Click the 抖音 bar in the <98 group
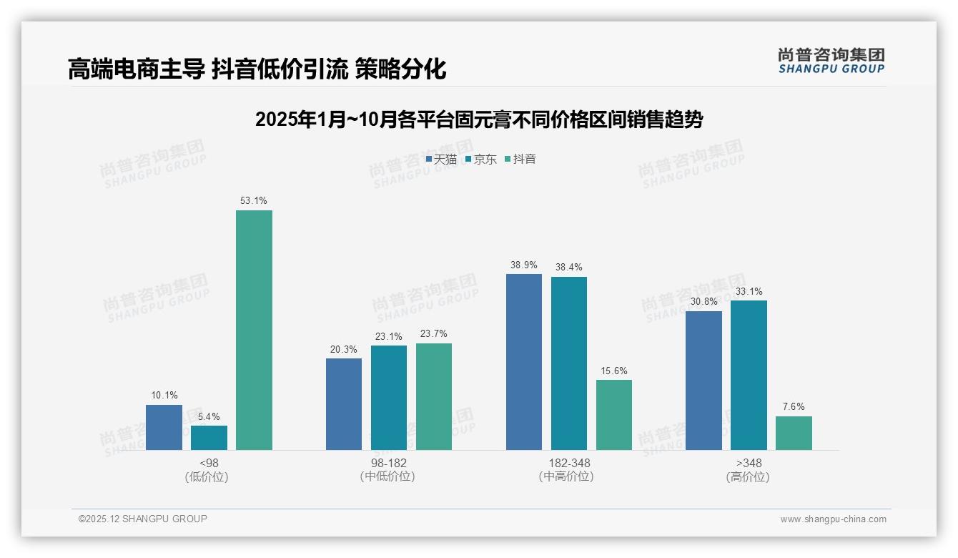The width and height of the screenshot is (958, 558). click(254, 330)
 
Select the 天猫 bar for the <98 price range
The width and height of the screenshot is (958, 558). click(164, 427)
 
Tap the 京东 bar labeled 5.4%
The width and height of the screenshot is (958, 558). click(209, 438)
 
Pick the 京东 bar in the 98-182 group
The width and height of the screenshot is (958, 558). click(389, 398)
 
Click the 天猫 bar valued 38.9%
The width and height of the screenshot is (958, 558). click(524, 362)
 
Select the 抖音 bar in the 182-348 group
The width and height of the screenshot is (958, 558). click(614, 415)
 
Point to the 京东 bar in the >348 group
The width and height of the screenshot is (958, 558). click(749, 375)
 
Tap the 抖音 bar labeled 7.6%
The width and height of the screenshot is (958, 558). click(794, 433)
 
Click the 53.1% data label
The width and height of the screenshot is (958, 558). click(254, 201)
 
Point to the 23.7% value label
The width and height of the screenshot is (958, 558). click(434, 334)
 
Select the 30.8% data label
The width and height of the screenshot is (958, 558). click(703, 302)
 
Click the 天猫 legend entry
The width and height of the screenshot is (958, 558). click(441, 160)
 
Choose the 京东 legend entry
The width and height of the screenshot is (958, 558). click(481, 160)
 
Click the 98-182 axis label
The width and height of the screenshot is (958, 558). click(388, 463)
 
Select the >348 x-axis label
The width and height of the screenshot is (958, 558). click(748, 463)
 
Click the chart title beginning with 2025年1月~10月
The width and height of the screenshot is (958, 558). click(479, 119)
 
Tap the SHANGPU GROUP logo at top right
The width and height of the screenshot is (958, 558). click(831, 61)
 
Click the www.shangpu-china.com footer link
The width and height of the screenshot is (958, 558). click(833, 519)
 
